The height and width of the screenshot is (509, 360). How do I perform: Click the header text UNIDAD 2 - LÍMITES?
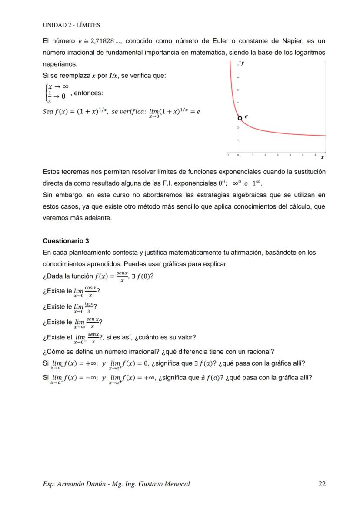point(71,25)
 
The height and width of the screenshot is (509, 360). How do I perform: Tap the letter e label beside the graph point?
point(246,116)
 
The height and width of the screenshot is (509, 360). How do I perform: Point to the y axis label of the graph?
point(243,63)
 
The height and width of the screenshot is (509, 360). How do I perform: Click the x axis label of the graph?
point(322,157)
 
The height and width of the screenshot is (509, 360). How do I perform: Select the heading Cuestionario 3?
point(66,241)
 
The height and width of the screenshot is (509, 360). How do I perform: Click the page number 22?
point(322,484)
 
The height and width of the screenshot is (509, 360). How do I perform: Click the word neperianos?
point(60,64)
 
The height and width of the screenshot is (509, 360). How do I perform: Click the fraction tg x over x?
point(89,307)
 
